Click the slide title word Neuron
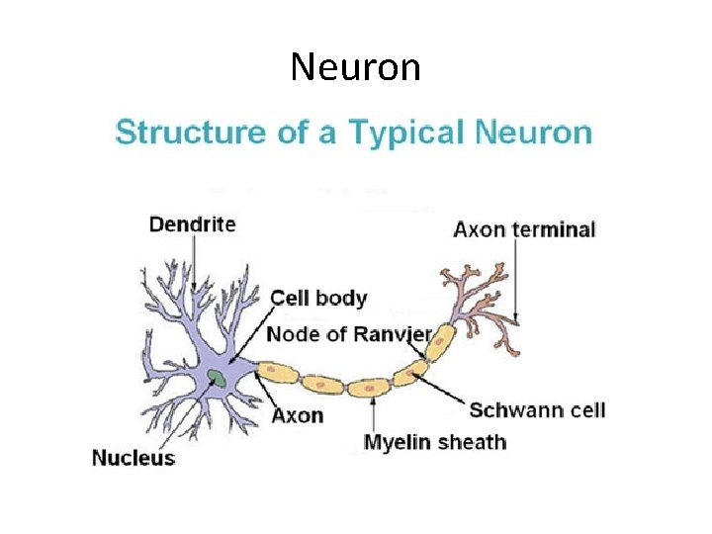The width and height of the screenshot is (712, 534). [x=356, y=67]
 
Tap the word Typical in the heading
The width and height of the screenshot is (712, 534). [x=402, y=133]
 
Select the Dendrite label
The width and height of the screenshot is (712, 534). [x=192, y=224]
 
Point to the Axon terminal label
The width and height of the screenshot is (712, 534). [x=524, y=230]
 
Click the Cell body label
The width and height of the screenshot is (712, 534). [x=318, y=298]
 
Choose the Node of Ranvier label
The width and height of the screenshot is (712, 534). [x=348, y=334]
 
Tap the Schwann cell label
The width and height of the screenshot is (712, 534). [x=537, y=409]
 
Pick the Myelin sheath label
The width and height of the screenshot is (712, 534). [x=434, y=442]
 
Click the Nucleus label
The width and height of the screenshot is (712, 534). [x=133, y=457]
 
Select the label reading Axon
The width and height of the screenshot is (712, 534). [x=297, y=414]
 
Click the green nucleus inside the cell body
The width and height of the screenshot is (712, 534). [x=216, y=376]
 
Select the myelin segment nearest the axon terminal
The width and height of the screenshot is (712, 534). [x=438, y=347]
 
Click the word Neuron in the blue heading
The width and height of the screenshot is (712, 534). [x=534, y=133]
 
